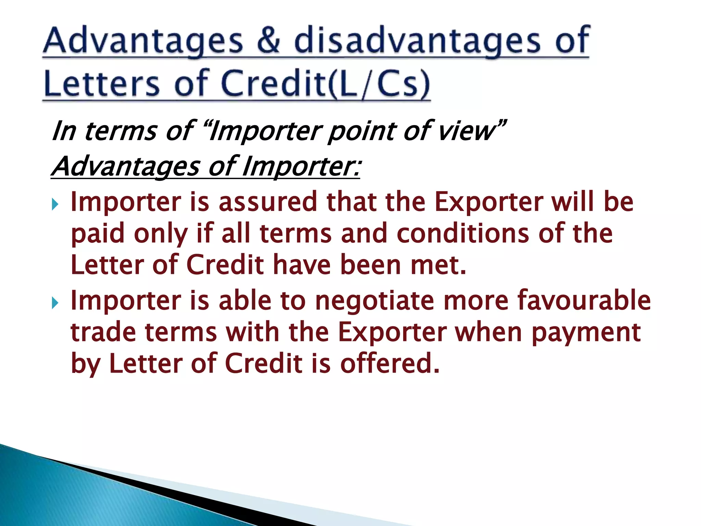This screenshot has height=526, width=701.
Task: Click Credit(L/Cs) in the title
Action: pos(325,84)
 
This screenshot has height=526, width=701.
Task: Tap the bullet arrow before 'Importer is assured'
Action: pos(55,205)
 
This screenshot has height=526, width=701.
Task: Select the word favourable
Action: pos(584,300)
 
